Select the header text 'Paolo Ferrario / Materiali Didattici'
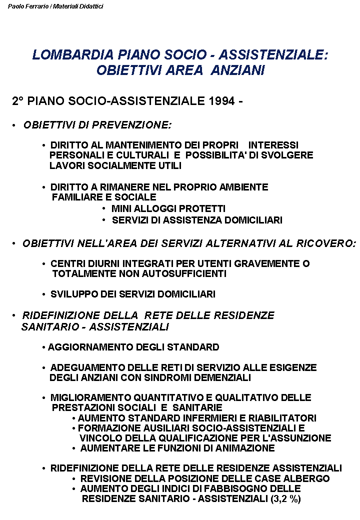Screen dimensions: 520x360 point(55,6)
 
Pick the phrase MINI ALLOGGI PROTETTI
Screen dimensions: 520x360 point(168,208)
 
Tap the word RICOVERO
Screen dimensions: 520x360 point(325,243)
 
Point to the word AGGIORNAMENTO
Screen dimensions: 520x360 point(81,347)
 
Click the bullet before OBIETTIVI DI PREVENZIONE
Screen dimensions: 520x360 point(14,125)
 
